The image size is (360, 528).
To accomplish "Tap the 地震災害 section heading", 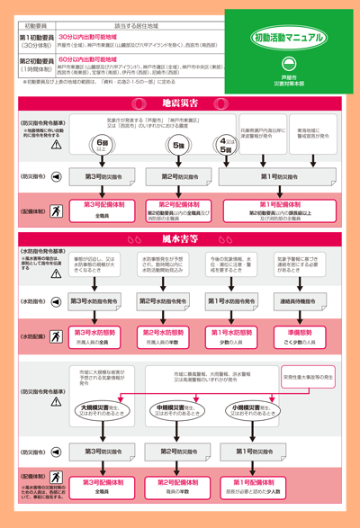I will click(x=179, y=103).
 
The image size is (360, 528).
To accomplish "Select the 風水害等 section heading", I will click(x=179, y=238).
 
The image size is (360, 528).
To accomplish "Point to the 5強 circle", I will click(x=179, y=146).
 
